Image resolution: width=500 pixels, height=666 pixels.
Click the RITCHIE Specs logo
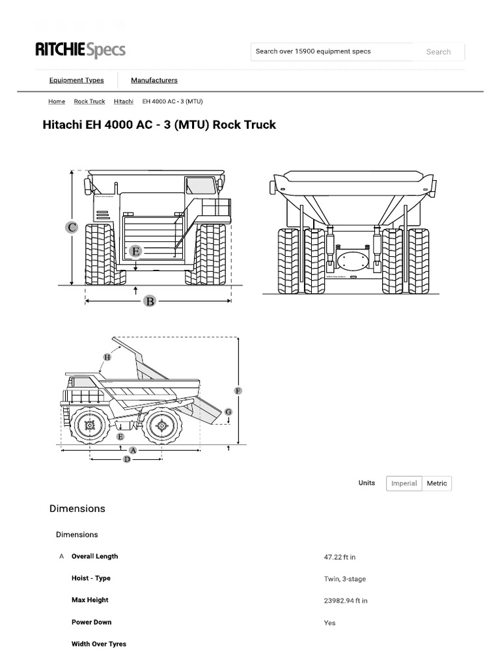tap(80, 50)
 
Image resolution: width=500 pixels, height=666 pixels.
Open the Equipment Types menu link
tap(76, 81)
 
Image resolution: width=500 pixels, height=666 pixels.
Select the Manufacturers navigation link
tap(154, 81)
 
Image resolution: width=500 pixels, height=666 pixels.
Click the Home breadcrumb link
tap(57, 101)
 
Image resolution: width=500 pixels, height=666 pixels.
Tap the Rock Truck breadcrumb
tap(89, 101)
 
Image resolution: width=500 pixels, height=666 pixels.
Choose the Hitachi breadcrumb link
tap(123, 101)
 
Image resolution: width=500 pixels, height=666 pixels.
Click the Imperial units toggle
tap(404, 483)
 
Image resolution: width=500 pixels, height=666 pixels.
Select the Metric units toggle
tap(437, 483)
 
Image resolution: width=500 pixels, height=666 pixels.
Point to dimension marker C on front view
tap(72, 227)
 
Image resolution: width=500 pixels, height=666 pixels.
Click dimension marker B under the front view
tap(150, 301)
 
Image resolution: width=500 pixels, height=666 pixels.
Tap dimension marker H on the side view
tap(107, 357)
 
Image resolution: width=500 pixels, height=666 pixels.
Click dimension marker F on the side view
tap(238, 390)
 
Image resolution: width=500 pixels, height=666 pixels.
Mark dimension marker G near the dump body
tap(228, 412)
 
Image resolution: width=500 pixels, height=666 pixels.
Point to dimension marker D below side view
tap(127, 459)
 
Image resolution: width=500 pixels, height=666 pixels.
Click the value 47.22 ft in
tap(339, 557)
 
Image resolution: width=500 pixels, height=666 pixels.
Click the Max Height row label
tap(90, 600)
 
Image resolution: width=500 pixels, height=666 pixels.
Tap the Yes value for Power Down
tap(329, 623)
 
